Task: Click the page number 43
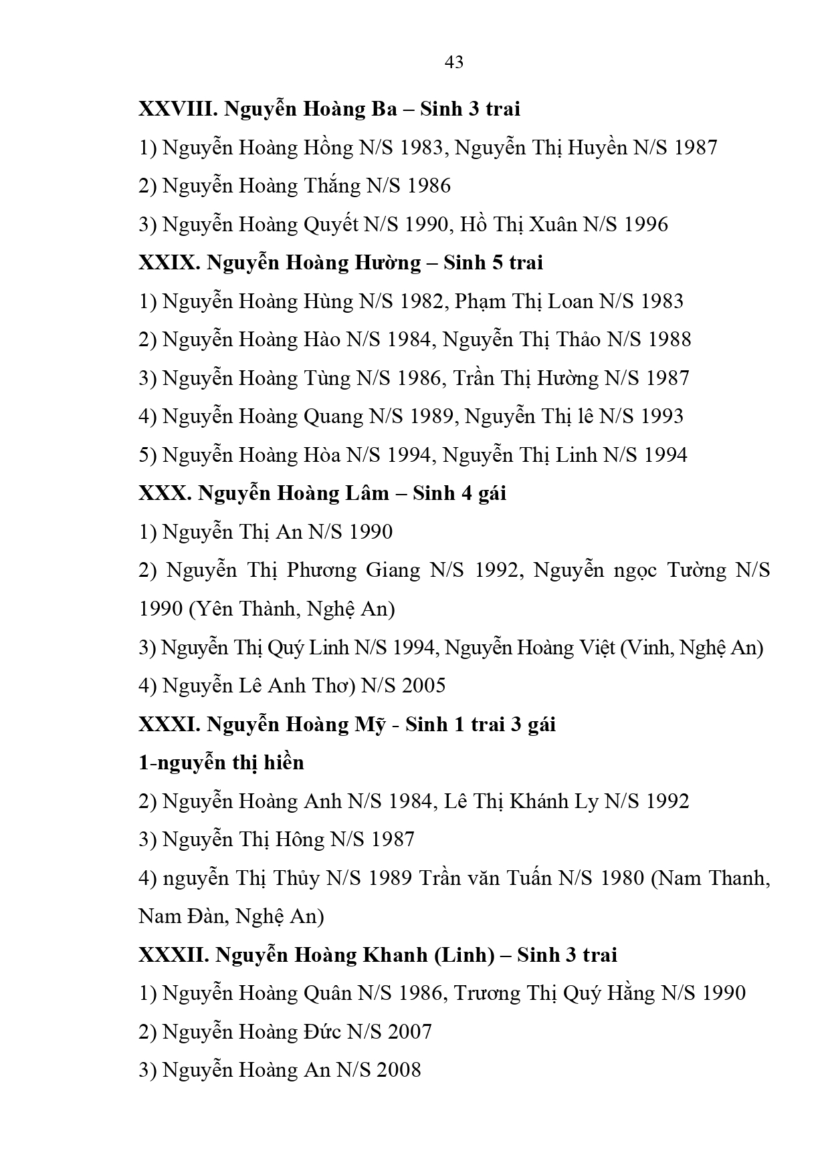coord(453,63)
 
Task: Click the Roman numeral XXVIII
coord(177,109)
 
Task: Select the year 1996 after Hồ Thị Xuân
coord(645,225)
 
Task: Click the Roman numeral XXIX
coord(169,263)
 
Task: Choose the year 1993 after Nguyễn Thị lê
coord(661,417)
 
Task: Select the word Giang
coord(393,571)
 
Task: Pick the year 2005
coord(423,686)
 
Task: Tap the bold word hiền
coord(280,763)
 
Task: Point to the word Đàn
coord(204,916)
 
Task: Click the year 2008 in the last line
coord(399,1071)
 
